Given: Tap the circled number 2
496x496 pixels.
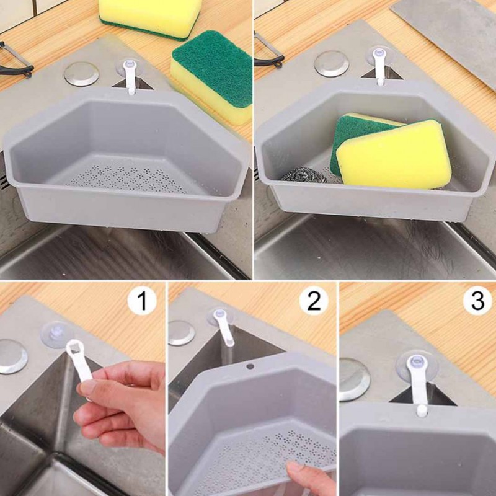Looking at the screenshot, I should click(314, 302).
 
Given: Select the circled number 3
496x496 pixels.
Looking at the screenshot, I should click(477, 302).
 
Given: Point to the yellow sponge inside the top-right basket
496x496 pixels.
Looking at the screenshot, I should click(394, 155).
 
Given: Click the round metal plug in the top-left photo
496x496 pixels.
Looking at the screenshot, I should click(81, 73).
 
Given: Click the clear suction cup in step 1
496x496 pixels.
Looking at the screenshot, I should click(56, 335).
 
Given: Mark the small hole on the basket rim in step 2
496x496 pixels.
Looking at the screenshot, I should click(250, 366).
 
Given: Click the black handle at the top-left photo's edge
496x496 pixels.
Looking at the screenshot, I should click(15, 59).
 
